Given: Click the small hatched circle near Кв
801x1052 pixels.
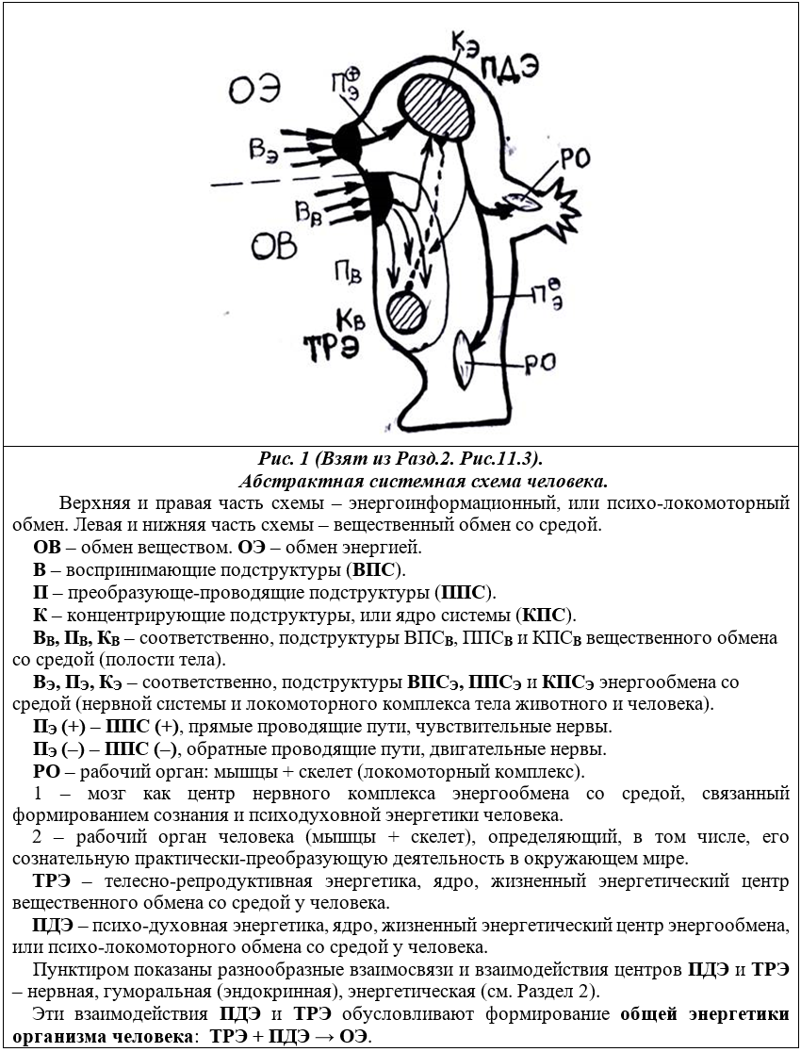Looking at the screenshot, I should point(409,308).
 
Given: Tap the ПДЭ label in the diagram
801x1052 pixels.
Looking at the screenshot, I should point(509,69).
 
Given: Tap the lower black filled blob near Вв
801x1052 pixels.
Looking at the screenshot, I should point(380,192).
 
